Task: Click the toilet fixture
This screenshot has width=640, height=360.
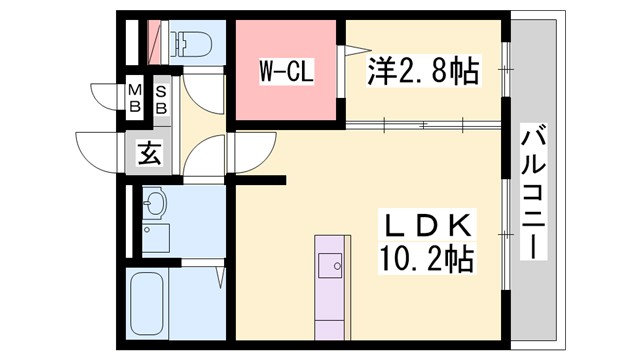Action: click(190, 41)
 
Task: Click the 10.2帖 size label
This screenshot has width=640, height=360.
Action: click(426, 259)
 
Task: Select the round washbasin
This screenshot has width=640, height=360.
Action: click(153, 205)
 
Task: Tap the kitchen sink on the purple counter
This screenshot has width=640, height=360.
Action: click(330, 265)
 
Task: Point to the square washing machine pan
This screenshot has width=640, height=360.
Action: click(155, 238)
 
